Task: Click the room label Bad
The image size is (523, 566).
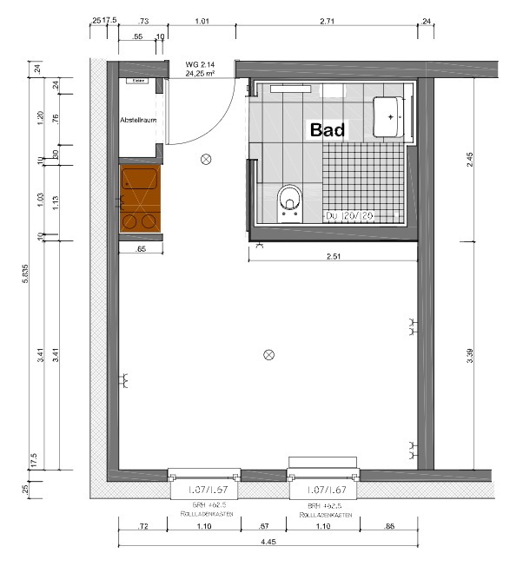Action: pyautogui.click(x=328, y=130)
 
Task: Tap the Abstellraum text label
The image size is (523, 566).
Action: pyautogui.click(x=138, y=120)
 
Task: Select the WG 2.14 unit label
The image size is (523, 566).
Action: pyautogui.click(x=200, y=64)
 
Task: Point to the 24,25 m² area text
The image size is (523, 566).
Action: pyautogui.click(x=200, y=74)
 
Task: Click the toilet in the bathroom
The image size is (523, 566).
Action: pyautogui.click(x=288, y=201)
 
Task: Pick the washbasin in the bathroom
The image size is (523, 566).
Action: pyautogui.click(x=390, y=116)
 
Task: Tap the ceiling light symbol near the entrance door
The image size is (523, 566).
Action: pyautogui.click(x=206, y=159)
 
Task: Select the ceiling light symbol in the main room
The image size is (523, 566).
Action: pyautogui.click(x=269, y=353)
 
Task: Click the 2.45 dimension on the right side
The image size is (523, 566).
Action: pyautogui.click(x=470, y=158)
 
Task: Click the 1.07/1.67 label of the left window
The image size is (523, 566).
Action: pyautogui.click(x=202, y=490)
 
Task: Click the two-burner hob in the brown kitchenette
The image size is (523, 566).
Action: pyautogui.click(x=139, y=220)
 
